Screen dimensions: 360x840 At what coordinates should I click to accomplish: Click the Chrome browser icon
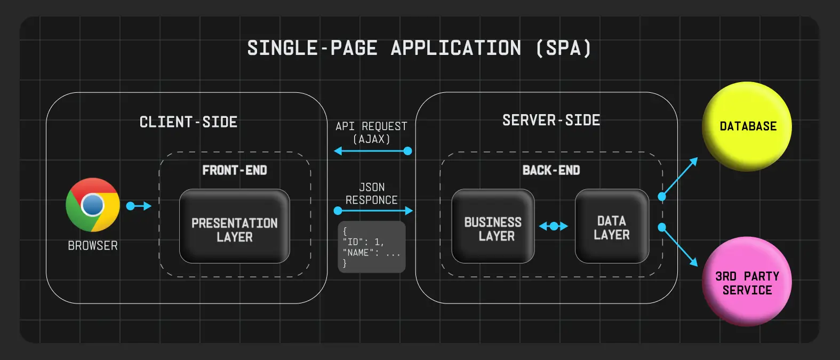click(x=93, y=205)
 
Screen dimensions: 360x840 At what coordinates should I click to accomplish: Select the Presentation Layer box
click(x=235, y=226)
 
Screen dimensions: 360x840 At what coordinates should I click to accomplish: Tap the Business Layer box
click(x=493, y=226)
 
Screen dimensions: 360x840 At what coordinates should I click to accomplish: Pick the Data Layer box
click(x=612, y=226)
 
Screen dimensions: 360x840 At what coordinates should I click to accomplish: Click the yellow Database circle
click(x=747, y=126)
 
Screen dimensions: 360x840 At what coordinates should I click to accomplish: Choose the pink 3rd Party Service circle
click(x=747, y=282)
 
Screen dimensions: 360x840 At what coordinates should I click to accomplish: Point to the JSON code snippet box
click(x=372, y=247)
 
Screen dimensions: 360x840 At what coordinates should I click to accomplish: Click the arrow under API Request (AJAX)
click(x=372, y=151)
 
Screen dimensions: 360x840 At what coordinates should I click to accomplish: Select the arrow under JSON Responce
click(x=373, y=211)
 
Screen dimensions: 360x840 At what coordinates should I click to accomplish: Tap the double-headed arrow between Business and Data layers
click(x=554, y=226)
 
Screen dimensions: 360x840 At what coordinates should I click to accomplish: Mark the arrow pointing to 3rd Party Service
click(x=679, y=246)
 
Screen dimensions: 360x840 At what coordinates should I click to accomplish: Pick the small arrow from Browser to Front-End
click(x=139, y=206)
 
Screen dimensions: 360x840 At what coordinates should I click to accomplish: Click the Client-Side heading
click(x=188, y=122)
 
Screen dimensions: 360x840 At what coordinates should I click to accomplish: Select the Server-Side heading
click(x=551, y=121)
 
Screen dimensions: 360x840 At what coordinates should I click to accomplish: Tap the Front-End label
click(x=235, y=170)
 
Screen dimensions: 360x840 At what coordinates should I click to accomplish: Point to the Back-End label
click(x=551, y=170)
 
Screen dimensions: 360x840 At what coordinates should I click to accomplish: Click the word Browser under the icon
click(x=93, y=246)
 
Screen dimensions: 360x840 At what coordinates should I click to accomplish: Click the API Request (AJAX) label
click(x=371, y=132)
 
